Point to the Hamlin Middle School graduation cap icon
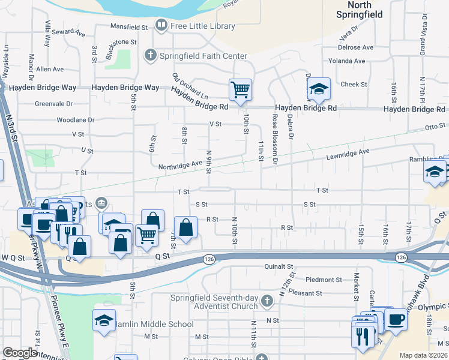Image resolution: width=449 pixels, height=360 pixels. [104, 320]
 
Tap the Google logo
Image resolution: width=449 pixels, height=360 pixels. [20, 353]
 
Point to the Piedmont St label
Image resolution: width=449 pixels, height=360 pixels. [323, 280]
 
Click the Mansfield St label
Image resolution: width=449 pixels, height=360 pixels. [129, 27]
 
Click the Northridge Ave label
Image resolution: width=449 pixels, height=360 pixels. [180, 164]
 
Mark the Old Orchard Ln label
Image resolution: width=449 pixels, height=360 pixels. [189, 86]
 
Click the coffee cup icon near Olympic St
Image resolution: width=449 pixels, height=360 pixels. [396, 319]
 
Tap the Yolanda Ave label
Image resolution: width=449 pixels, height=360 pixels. [348, 61]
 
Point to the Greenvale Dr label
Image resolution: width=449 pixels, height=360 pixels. [53, 103]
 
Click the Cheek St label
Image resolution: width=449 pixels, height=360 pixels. [354, 85]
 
